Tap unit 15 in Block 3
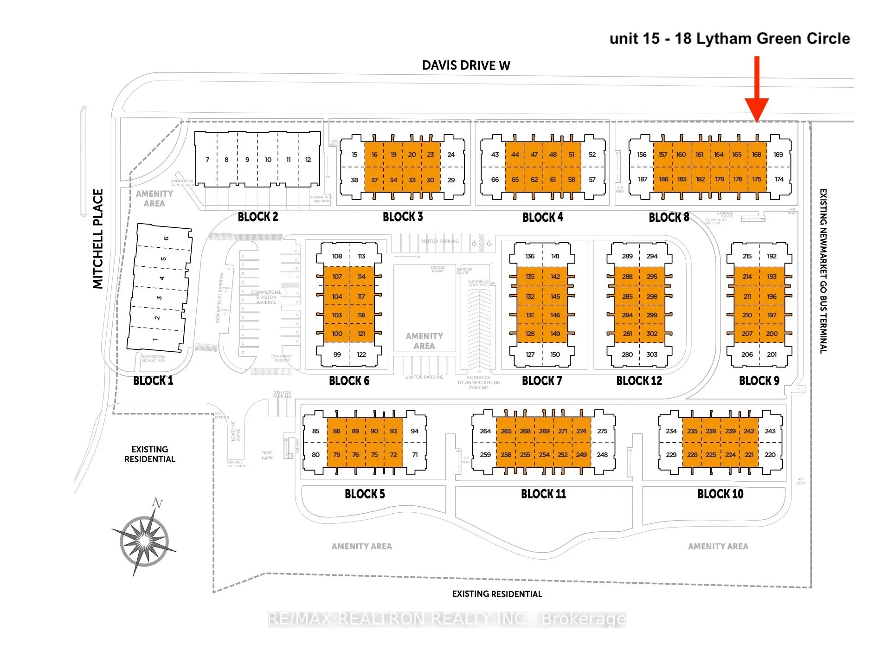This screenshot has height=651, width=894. [x=354, y=155]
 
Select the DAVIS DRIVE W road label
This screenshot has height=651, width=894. [x=466, y=65]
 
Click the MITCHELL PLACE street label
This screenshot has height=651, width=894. [x=98, y=238]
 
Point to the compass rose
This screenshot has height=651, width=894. [x=144, y=540]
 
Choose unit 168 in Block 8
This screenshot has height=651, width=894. [x=757, y=155]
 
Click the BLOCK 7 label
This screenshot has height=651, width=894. [x=542, y=381]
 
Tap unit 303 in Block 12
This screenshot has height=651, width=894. [x=652, y=355]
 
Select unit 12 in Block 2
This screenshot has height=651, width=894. [x=308, y=160]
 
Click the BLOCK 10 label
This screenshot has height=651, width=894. [x=720, y=494]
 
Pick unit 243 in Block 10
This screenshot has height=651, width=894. [x=770, y=431]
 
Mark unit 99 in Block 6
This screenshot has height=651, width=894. [x=337, y=355]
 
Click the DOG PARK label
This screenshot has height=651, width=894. [x=267, y=455]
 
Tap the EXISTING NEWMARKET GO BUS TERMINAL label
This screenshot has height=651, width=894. [x=823, y=271]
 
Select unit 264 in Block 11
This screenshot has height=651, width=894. [x=485, y=431]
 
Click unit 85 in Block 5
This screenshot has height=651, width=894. [x=315, y=431]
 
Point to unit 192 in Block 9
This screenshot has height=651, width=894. [x=772, y=256]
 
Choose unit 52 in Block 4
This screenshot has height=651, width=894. [x=592, y=155]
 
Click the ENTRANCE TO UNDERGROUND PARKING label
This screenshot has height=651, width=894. [x=479, y=383]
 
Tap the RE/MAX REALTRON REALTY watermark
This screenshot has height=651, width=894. [x=447, y=619]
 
